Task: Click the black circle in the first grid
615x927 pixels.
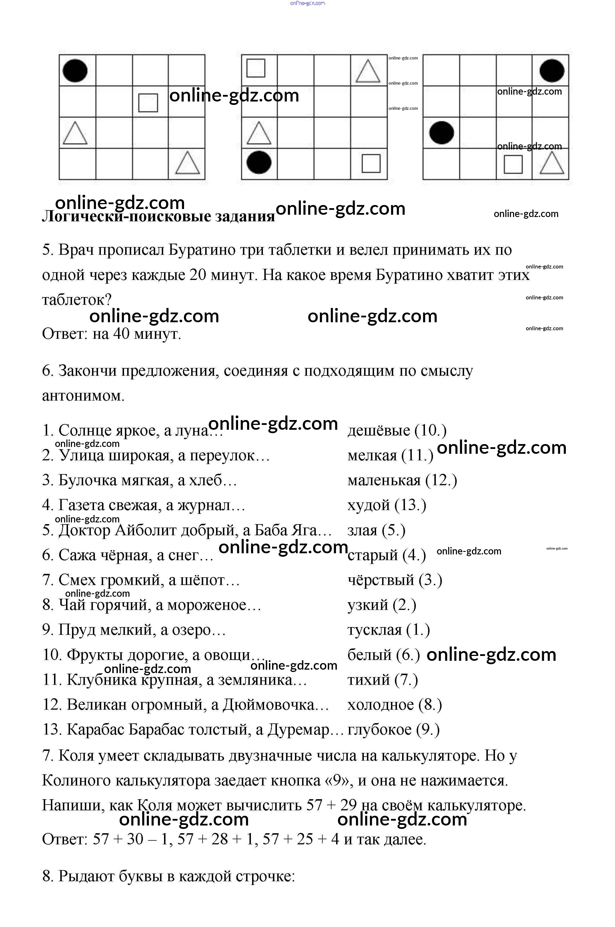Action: click(x=75, y=71)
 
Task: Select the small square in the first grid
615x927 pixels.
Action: click(x=148, y=102)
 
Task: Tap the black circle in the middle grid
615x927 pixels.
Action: click(x=259, y=162)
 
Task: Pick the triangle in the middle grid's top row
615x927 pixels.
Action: click(x=368, y=71)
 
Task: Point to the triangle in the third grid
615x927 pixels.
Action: click(x=552, y=163)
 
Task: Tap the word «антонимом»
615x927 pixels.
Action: click(x=83, y=396)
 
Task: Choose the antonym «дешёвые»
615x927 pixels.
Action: click(x=378, y=431)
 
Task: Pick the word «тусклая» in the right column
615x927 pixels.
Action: click(x=375, y=630)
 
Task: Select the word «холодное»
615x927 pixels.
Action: click(x=380, y=705)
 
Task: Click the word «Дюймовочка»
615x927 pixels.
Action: click(x=276, y=705)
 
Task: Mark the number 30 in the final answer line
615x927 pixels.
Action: click(x=135, y=840)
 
